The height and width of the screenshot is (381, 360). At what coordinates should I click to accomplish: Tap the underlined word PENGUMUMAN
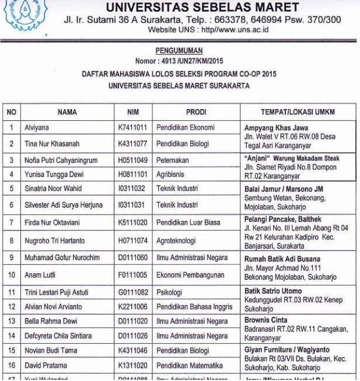coord(179,51)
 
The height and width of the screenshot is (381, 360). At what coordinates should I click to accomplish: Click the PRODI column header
coord(196,112)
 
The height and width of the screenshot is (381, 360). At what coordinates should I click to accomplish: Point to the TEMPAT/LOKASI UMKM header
coord(298,112)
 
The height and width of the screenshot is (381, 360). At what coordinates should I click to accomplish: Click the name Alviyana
coord(37,127)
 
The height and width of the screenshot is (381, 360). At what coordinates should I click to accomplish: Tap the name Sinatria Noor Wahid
coord(53,188)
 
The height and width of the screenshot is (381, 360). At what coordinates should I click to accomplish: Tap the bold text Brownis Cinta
coord(265,320)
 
